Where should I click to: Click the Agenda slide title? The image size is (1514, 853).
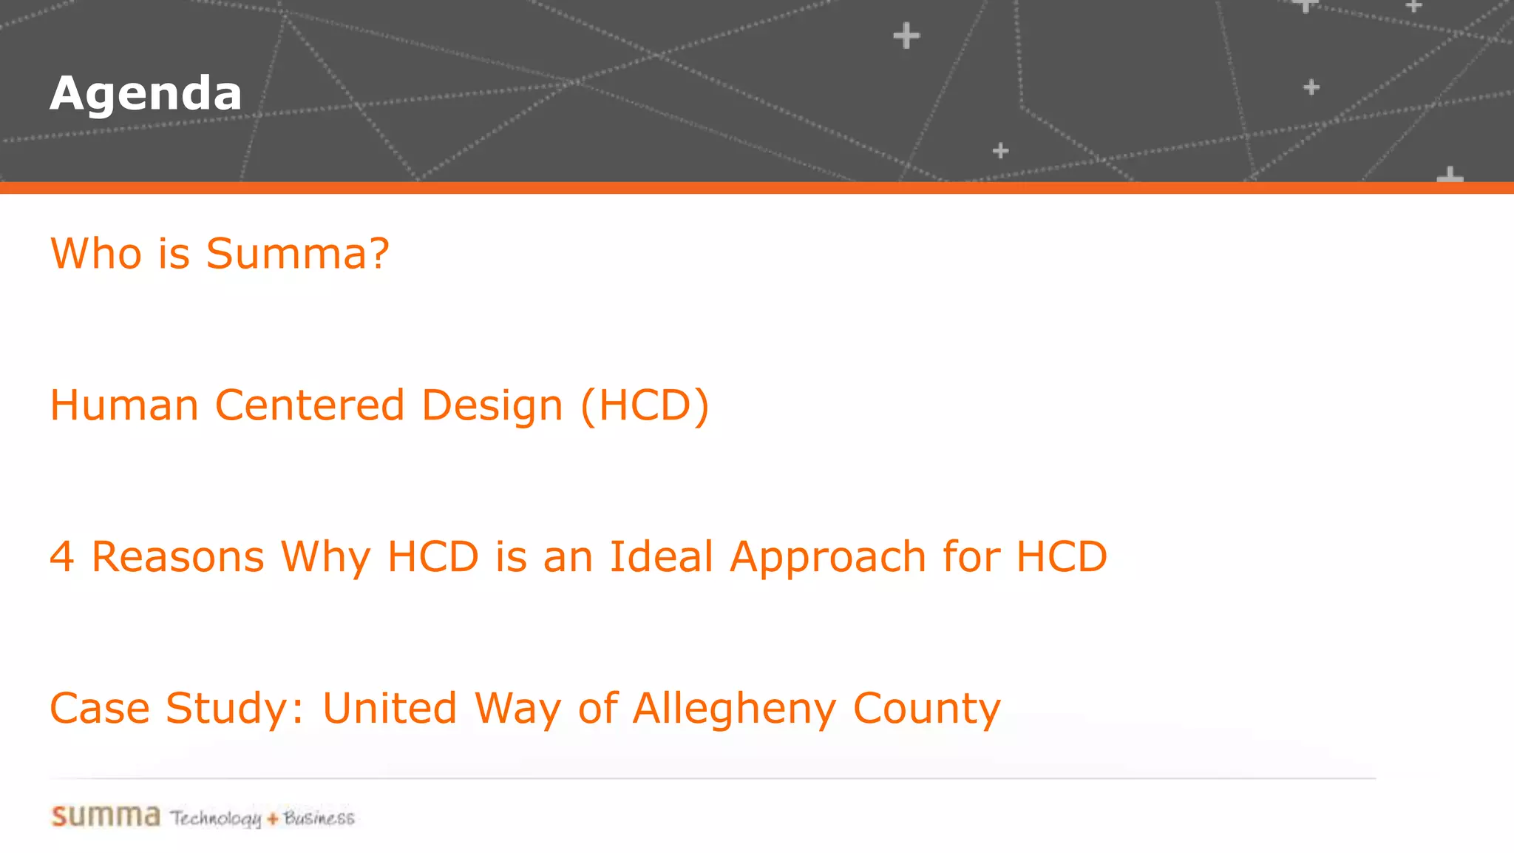[x=146, y=94]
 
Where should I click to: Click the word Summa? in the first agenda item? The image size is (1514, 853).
[x=297, y=254]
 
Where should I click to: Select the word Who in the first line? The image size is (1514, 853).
[x=95, y=254]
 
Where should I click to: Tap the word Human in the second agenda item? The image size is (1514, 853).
[x=124, y=405]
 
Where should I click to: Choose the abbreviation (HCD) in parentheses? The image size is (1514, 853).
[x=645, y=405]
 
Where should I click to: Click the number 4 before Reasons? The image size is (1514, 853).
[x=62, y=556]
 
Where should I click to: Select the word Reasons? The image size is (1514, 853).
[x=177, y=556]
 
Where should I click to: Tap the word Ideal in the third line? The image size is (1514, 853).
[x=661, y=556]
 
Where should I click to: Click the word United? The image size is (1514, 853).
[x=390, y=708]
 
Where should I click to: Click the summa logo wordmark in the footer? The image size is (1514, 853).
[x=106, y=816]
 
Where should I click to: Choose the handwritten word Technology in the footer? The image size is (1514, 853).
[x=216, y=818]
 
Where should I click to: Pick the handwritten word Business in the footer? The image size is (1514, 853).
[x=319, y=818]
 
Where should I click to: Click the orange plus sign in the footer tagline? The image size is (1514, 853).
[x=273, y=819]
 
